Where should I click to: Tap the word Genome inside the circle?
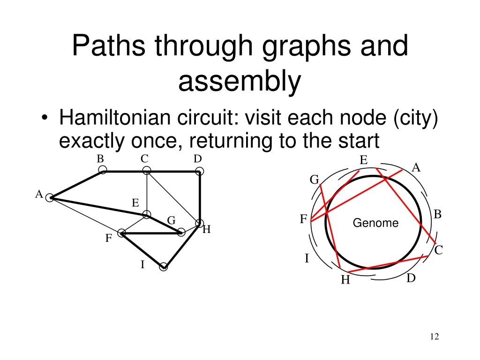coord(375,223)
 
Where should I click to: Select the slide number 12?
coord(434,337)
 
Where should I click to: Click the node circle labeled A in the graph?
coord(50,198)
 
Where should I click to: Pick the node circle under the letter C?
coord(147,170)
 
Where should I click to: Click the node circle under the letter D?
coord(199,171)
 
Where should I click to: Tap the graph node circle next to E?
coord(147,215)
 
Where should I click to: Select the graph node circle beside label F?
coord(122,233)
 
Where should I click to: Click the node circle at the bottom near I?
coord(163,267)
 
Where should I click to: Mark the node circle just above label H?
coord(199,223)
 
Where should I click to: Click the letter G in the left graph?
coord(171,220)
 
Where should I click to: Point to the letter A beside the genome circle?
coord(416,167)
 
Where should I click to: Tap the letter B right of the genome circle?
coord(438,215)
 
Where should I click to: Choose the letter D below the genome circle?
coord(411,278)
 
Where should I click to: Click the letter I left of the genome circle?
coord(307,258)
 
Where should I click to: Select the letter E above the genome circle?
coord(363,160)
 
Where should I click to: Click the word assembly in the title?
coord(239,81)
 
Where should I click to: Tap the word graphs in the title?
coord(315,47)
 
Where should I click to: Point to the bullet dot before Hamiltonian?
coord(45,119)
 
